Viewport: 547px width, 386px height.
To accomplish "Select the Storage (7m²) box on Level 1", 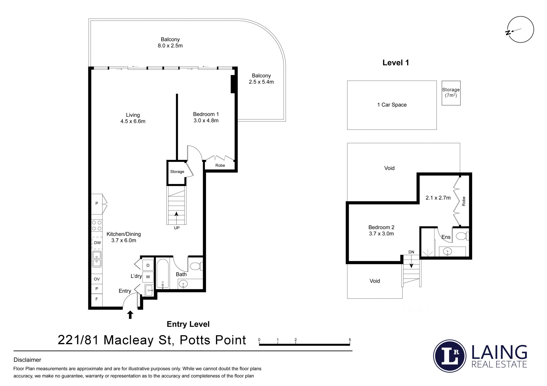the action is (451, 93).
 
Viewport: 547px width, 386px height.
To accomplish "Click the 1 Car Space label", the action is (392, 105).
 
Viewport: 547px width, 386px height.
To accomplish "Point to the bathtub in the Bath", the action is (162, 273).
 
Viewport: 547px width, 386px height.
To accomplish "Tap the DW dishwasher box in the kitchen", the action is (97, 243).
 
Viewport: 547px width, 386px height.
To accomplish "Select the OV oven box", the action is (97, 279).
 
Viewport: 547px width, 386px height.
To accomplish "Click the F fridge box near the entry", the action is (97, 299).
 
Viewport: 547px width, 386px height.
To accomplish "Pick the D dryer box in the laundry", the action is (148, 265).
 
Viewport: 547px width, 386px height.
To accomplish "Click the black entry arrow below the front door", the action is (130, 315).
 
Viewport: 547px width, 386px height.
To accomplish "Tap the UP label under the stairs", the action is (177, 228).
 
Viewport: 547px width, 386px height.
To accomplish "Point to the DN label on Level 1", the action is (411, 252).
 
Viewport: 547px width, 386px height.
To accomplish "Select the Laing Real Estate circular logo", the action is (450, 356).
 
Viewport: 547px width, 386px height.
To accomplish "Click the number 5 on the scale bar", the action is (350, 340).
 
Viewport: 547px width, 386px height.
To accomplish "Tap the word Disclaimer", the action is (27, 360).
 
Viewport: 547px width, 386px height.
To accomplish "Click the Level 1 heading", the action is (396, 63).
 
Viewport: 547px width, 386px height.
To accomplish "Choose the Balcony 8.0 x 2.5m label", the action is (170, 43).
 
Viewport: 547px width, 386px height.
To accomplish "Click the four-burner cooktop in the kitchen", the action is (97, 225).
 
